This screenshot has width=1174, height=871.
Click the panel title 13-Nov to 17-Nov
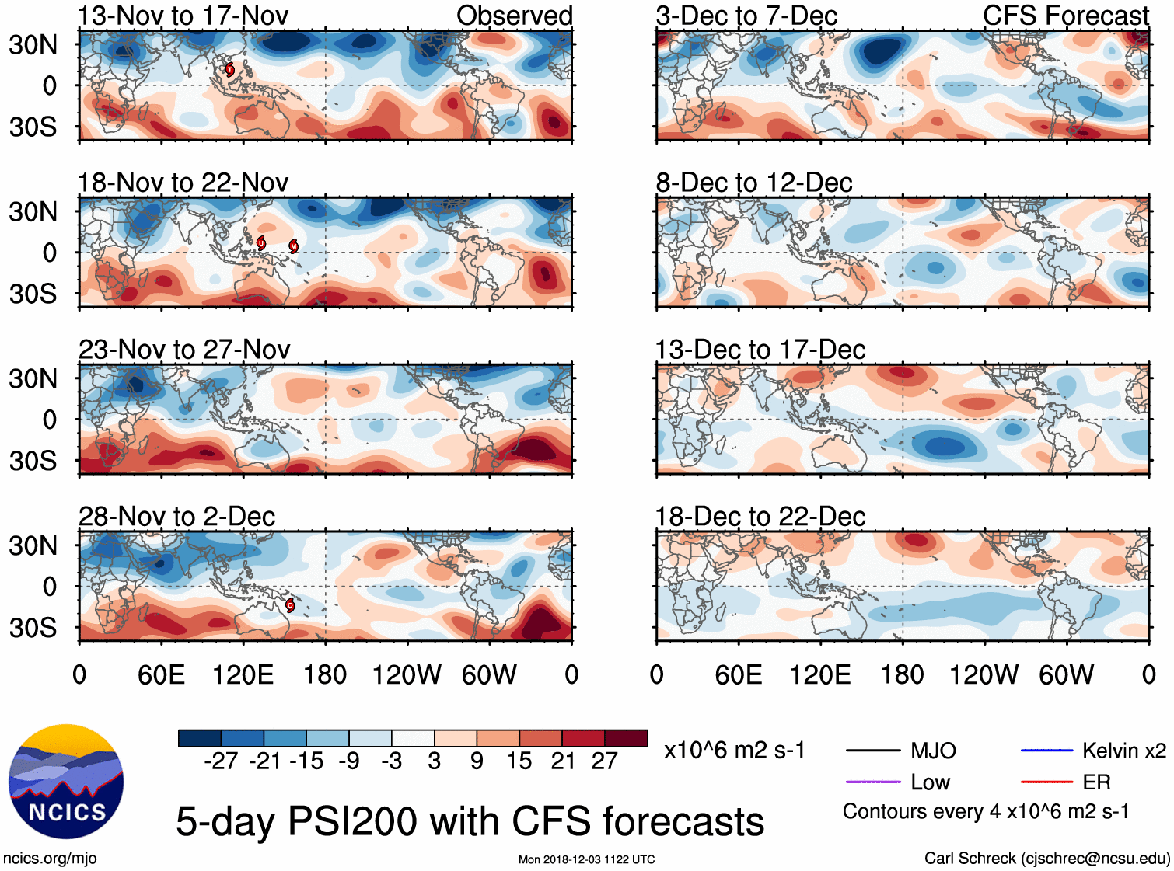(183, 16)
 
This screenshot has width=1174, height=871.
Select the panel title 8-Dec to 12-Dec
(753, 183)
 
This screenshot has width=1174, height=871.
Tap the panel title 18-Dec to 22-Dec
(760, 517)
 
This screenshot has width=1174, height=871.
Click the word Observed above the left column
(514, 16)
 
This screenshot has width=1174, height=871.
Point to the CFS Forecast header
(1065, 16)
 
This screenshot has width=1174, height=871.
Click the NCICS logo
(66, 782)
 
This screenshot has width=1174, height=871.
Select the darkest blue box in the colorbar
(200, 738)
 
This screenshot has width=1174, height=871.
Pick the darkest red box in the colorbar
(626, 738)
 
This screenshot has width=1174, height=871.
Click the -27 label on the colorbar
(221, 761)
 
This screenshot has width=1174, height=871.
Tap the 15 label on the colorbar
(519, 761)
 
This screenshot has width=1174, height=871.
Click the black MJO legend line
(872, 751)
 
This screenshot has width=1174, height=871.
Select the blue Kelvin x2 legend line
(1046, 751)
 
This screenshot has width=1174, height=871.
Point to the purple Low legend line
(872, 782)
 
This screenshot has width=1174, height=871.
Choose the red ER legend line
(1046, 782)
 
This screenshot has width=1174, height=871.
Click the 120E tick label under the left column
(243, 674)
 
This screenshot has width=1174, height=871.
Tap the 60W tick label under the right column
(1066, 674)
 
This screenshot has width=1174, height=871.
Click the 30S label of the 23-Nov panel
(33, 461)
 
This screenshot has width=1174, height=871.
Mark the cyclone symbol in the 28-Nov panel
(290, 604)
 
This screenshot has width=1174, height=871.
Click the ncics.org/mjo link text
(50, 859)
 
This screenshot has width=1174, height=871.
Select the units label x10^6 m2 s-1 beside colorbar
(734, 751)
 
